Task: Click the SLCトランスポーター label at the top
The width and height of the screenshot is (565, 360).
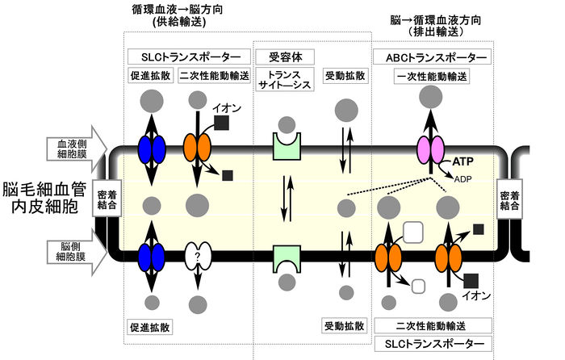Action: pos(185,58)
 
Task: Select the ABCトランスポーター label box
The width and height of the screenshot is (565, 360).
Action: pos(432,58)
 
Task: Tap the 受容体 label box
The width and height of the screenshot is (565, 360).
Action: pos(284,58)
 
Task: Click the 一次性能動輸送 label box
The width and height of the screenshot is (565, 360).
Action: pos(432,76)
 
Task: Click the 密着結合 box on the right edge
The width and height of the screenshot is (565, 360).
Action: pos(513,201)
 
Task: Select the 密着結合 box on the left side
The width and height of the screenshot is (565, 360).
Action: pos(108,201)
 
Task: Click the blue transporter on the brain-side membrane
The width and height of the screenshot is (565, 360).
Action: pos(151,257)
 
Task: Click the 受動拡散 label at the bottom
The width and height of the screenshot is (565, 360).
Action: pos(345,326)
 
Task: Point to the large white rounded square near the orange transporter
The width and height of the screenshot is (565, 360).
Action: pos(412,232)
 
